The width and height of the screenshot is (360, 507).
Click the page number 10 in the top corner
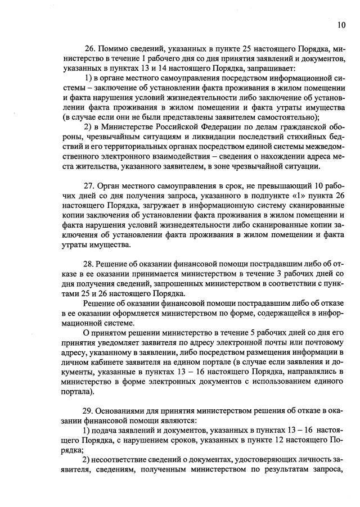coord(341,24)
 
